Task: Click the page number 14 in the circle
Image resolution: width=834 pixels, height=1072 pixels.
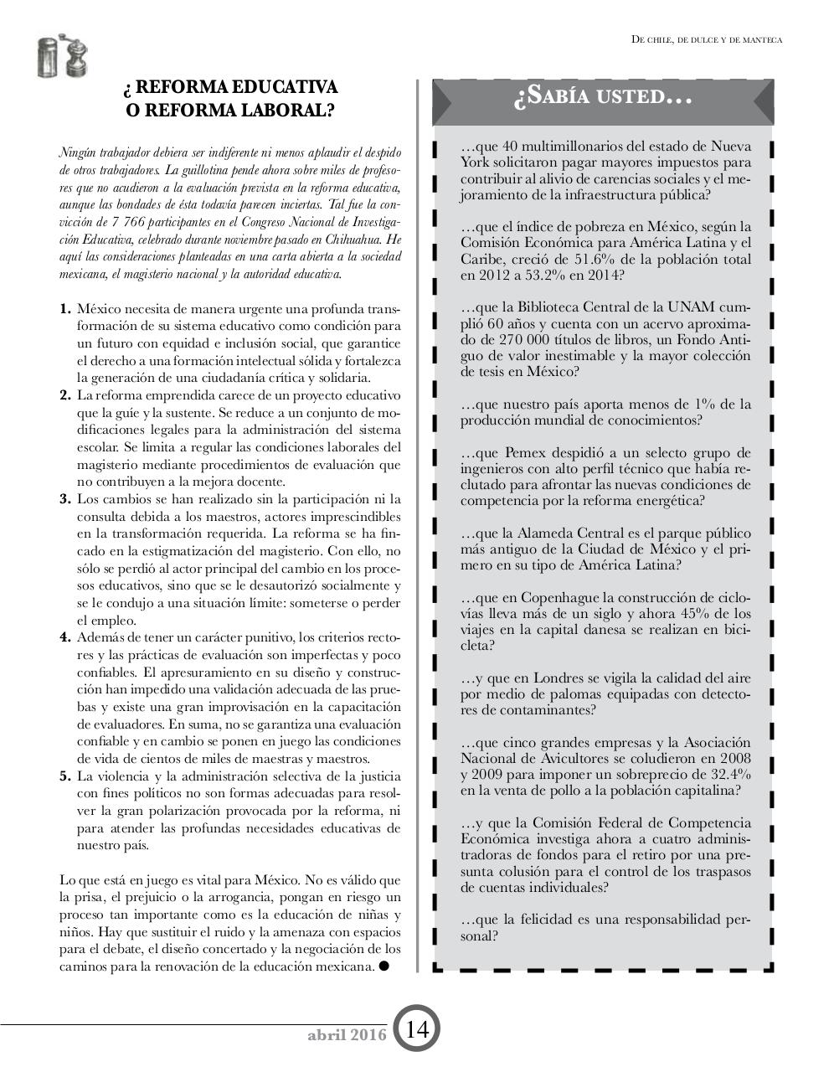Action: tap(417, 1029)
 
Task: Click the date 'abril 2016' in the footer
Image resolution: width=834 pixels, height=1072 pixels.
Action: tap(347, 1035)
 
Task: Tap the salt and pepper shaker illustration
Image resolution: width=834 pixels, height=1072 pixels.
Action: tap(63, 59)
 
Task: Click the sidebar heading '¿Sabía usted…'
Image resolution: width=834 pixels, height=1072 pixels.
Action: tap(602, 98)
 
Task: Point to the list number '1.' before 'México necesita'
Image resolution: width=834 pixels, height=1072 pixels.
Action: tap(65, 309)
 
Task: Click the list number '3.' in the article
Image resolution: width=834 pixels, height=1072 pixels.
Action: tap(65, 499)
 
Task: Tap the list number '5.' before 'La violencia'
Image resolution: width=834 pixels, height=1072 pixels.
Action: tap(65, 776)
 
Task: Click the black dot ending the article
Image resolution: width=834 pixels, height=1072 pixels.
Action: tap(384, 966)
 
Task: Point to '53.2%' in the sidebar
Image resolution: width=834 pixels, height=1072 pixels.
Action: tap(539, 275)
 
